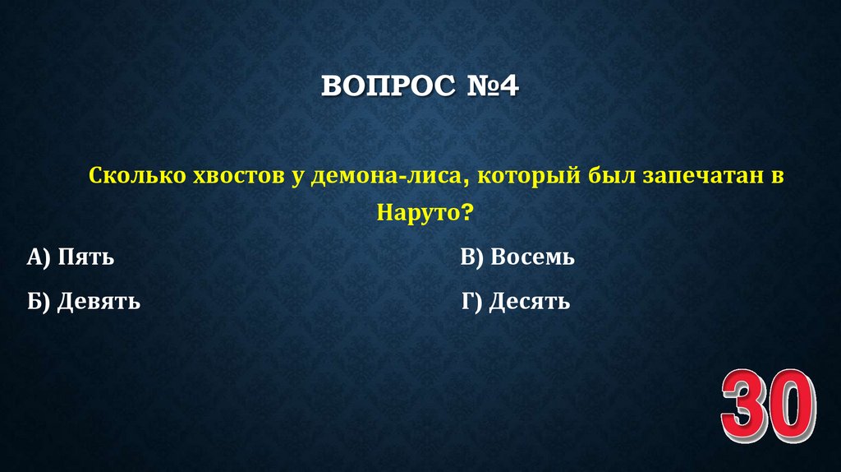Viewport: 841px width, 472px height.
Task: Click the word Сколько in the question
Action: pyautogui.click(x=136, y=176)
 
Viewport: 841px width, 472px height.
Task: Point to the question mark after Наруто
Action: pyautogui.click(x=467, y=213)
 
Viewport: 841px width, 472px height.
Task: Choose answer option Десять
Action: pyautogui.click(x=529, y=303)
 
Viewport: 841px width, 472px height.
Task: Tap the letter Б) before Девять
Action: pyautogui.click(x=39, y=303)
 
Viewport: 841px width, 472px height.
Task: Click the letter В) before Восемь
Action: pyautogui.click(x=472, y=258)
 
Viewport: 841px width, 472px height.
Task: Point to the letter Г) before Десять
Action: pyautogui.click(x=471, y=303)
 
